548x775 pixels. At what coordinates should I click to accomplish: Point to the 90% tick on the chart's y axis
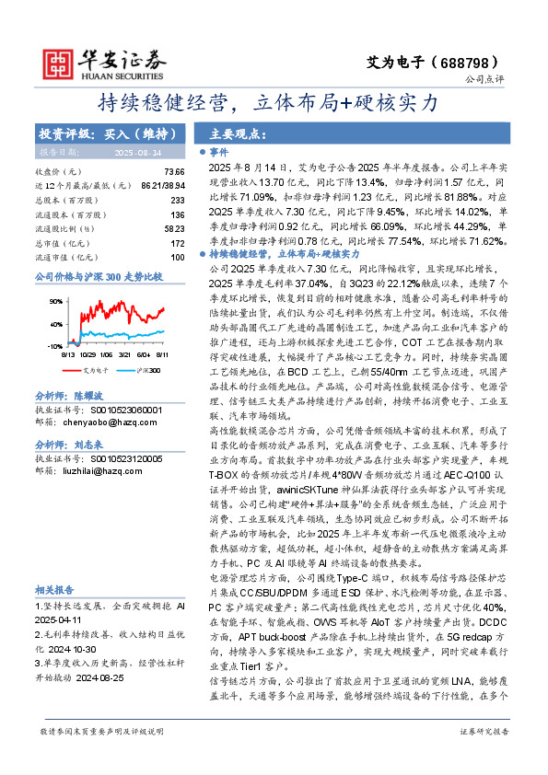tap(55, 299)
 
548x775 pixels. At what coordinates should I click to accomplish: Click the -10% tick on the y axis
tap(54, 345)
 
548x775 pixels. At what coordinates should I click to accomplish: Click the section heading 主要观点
tap(230, 133)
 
